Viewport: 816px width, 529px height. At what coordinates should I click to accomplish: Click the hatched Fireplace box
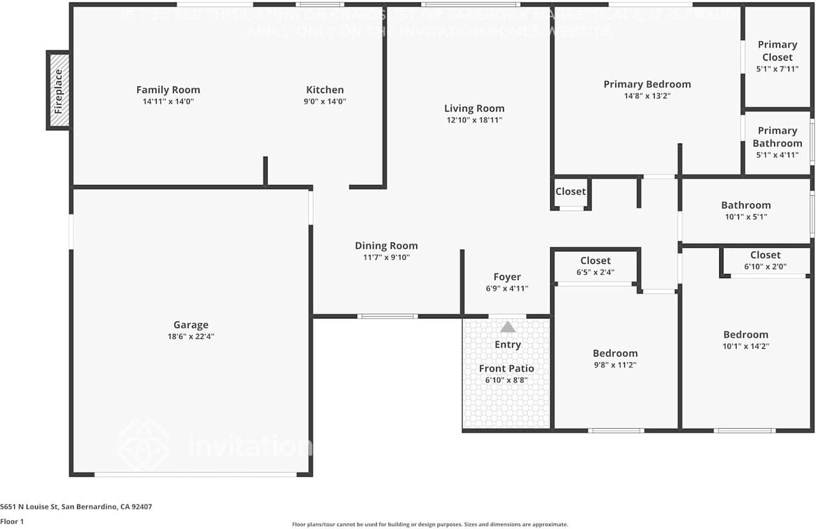[59, 91]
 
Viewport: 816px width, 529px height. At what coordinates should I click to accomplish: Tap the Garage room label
[191, 325]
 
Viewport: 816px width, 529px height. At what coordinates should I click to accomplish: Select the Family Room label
[168, 90]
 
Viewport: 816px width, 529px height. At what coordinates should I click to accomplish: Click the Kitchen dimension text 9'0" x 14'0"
[325, 101]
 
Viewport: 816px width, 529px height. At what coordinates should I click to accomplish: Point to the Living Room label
[474, 108]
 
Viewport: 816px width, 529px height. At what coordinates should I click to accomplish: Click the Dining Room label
[386, 246]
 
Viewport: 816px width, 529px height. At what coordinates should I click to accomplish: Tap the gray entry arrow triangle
[507, 327]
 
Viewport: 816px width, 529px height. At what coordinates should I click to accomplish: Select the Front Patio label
[507, 368]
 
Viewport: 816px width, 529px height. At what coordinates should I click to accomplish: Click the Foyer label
[507, 277]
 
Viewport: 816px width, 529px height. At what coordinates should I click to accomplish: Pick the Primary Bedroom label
[647, 84]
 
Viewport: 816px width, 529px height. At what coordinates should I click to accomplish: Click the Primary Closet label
[777, 50]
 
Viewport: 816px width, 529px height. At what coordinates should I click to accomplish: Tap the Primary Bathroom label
[777, 136]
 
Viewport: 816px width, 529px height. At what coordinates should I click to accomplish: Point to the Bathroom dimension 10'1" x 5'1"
[746, 217]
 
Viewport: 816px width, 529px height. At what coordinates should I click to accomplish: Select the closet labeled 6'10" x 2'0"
[765, 260]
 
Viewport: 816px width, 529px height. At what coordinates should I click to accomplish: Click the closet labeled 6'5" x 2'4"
[595, 266]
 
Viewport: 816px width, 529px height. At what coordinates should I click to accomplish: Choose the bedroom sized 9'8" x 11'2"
[615, 359]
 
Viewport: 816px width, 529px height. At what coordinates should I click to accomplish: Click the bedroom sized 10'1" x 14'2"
[745, 340]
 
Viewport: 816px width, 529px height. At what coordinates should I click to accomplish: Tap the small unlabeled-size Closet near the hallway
[571, 192]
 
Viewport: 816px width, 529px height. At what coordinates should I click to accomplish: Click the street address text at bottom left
[76, 507]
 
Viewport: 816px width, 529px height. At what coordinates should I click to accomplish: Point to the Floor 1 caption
[13, 521]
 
